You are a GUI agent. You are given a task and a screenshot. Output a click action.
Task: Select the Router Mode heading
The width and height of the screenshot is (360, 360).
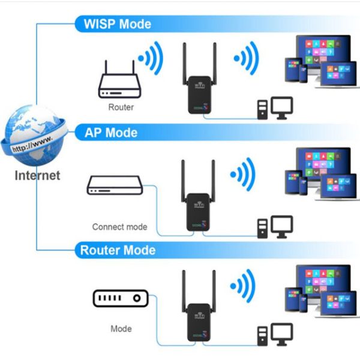click(118, 250)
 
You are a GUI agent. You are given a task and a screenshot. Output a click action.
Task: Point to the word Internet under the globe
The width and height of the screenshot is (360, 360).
click(37, 176)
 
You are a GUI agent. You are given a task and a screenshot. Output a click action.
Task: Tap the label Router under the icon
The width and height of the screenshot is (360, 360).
click(121, 107)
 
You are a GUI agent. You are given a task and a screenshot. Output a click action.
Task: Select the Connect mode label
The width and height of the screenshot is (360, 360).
click(119, 227)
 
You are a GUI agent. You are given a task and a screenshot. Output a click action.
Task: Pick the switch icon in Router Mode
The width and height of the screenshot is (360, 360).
click(120, 298)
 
